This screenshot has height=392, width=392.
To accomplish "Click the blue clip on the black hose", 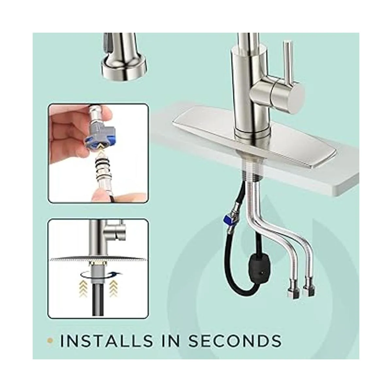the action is point(226,219).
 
